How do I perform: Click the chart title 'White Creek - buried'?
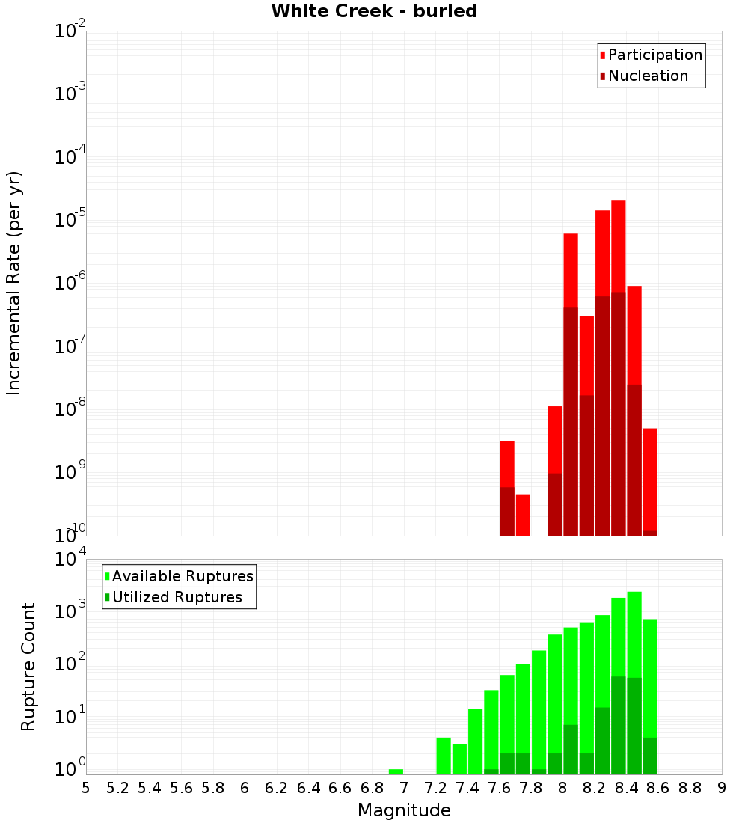point(373,11)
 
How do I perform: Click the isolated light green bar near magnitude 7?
point(396,771)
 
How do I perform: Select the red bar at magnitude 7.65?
point(507,464)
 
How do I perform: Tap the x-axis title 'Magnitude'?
point(404,810)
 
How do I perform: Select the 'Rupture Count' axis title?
point(28,666)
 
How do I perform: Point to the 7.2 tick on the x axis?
point(435,788)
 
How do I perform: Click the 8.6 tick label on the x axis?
point(658,788)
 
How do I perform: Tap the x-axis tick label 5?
point(86,788)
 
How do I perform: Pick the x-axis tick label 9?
point(722,788)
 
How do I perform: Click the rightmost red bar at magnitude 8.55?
point(650,479)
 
